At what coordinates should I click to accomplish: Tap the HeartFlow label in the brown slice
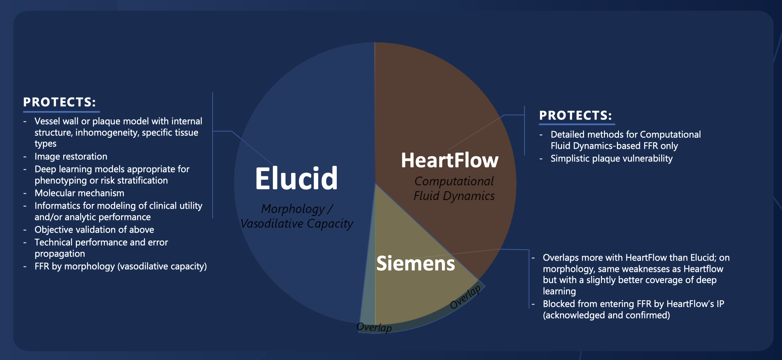click(450, 160)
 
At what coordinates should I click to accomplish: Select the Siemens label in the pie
click(416, 264)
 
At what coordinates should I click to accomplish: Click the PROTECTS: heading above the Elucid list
click(60, 102)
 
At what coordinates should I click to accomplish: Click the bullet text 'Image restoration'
click(71, 156)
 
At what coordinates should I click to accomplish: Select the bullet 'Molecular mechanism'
click(79, 193)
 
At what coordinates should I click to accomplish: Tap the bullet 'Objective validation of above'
click(94, 230)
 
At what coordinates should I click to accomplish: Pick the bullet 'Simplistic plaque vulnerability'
click(612, 158)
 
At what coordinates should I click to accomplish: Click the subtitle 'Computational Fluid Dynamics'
click(454, 189)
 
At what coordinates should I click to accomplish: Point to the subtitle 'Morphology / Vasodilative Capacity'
click(297, 216)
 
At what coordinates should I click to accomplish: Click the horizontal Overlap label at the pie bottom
click(374, 327)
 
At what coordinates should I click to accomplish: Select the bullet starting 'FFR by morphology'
click(120, 267)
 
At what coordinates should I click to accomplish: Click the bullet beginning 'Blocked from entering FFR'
click(634, 309)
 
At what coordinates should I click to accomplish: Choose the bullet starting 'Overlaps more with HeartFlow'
click(636, 274)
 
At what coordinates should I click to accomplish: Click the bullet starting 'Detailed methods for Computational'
click(626, 140)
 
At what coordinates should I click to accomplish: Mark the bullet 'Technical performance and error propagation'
click(101, 248)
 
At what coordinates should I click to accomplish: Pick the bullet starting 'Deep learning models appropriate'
click(112, 175)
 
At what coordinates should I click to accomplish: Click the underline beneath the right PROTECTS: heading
click(577, 124)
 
